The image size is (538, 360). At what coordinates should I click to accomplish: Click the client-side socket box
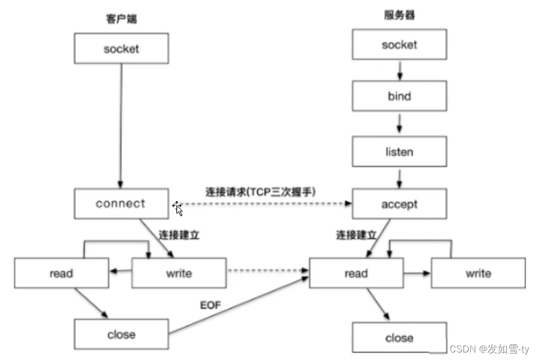click(121, 49)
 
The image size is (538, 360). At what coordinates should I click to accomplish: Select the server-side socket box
click(399, 44)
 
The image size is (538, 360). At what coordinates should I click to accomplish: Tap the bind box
click(399, 96)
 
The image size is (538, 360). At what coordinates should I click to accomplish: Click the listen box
click(399, 151)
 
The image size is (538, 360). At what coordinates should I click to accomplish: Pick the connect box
click(121, 203)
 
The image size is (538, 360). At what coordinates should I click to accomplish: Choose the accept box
click(399, 205)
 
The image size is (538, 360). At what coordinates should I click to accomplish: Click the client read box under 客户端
click(61, 273)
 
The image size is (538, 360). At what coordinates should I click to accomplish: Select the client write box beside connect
click(179, 273)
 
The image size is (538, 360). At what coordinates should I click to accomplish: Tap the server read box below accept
click(356, 273)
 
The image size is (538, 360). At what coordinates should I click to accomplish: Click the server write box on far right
click(478, 273)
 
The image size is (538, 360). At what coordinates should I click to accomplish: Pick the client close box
click(121, 334)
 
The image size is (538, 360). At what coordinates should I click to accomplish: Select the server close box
click(399, 337)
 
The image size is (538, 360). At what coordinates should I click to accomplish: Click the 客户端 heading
click(121, 18)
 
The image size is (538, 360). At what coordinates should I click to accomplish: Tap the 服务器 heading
click(399, 16)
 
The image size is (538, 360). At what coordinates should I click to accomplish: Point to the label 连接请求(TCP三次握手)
click(260, 191)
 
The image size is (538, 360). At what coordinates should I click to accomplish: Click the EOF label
click(210, 305)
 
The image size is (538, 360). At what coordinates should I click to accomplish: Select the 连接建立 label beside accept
click(357, 235)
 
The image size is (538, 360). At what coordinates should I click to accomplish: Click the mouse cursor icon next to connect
click(178, 208)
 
